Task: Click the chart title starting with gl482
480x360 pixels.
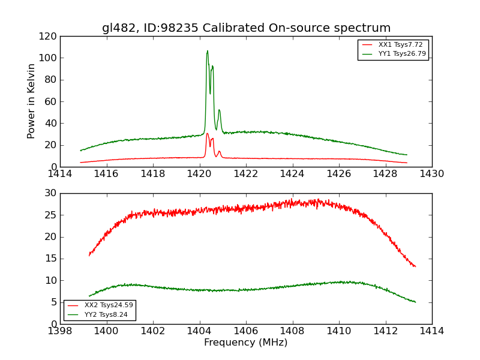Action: coord(246,28)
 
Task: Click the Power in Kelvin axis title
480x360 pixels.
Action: coord(31,101)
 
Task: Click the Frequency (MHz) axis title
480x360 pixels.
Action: coord(246,343)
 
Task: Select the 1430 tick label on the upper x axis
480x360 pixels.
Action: coord(432,174)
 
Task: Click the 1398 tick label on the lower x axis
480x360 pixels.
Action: coord(60,331)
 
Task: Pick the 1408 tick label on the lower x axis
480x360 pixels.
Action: coord(293,331)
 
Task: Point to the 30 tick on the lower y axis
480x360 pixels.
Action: coord(51,193)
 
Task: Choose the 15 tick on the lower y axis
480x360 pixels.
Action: coord(51,259)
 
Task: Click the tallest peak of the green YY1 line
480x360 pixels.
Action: coord(208,51)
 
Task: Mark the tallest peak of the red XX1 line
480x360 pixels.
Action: coord(208,133)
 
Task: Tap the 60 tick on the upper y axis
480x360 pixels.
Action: coord(51,101)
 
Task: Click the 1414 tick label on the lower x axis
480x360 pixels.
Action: coord(432,331)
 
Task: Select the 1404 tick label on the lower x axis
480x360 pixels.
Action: coord(200,331)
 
